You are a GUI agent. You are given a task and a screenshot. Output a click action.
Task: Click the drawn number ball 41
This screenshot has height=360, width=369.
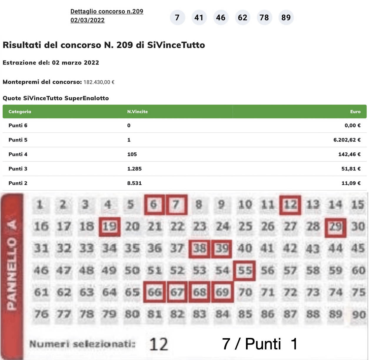pos(199,18)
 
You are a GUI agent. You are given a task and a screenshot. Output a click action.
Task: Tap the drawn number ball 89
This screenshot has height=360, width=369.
pos(286,18)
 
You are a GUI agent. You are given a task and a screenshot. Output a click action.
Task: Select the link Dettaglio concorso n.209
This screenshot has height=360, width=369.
pos(107,11)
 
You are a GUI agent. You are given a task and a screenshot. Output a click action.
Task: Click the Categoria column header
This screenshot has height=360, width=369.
pos(20,111)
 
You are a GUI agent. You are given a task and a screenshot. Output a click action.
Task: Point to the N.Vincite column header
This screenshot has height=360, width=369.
pos(137,111)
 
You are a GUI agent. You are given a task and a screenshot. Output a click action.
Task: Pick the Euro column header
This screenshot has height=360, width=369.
pos(355,111)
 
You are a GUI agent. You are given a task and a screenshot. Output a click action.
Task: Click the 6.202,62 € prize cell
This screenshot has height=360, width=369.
pos(347,140)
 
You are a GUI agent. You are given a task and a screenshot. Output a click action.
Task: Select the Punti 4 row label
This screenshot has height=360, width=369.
pos(18,154)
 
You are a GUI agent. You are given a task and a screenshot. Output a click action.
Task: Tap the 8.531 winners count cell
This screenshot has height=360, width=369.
pos(134,183)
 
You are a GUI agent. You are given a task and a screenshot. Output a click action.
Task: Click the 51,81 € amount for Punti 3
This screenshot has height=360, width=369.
pos(351,169)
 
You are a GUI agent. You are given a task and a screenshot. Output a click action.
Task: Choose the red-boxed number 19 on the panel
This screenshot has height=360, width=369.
pos(109,226)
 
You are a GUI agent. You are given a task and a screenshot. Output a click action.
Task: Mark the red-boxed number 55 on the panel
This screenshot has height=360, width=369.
pos(245,270)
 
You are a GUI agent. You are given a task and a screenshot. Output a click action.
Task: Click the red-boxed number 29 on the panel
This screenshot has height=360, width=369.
pos(335,227)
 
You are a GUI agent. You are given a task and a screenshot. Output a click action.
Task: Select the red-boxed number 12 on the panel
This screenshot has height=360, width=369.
pos(290,204)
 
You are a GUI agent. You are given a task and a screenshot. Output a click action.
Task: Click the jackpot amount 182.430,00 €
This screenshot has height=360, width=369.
pos(99,82)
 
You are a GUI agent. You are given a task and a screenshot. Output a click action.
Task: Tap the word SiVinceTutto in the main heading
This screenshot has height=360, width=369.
pos(176,45)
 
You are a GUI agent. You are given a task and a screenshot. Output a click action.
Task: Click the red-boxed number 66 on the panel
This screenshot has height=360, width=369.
pos(154,292)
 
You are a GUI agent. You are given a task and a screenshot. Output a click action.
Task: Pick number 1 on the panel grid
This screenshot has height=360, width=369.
pos(40,204)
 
